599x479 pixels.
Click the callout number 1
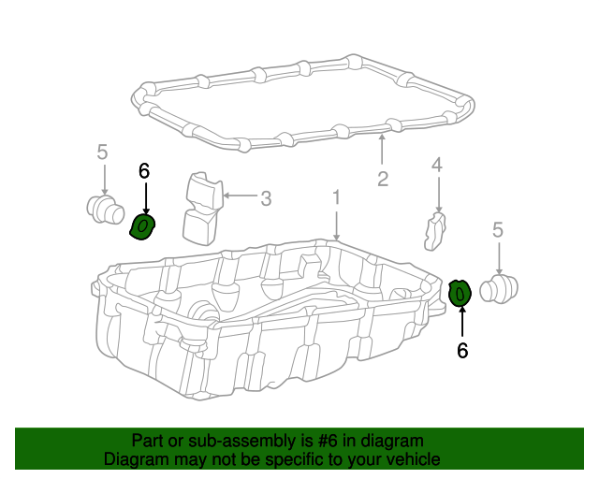336,197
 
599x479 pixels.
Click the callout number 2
383,179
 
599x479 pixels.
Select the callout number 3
266,197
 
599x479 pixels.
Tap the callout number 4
436,166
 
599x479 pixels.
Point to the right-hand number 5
498,228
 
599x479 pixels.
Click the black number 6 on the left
144,170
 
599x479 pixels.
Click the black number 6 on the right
461,350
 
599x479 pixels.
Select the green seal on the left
142,226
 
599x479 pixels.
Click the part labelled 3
200,208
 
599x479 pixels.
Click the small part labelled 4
435,231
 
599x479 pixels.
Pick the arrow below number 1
336,225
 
